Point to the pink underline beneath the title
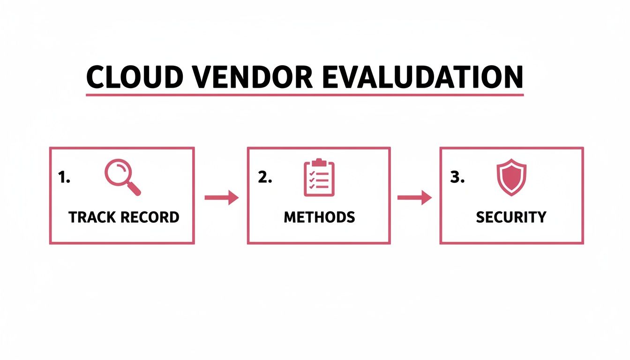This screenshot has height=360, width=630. point(305,95)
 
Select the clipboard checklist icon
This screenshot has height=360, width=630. point(319,178)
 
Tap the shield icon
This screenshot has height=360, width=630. point(511,178)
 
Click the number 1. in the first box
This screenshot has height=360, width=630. point(64,178)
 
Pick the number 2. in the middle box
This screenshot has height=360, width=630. point(265,178)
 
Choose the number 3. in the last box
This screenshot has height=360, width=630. point(457,178)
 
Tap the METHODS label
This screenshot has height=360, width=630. point(319,217)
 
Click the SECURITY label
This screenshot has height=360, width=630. point(511,217)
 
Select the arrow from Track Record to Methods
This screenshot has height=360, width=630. point(221,198)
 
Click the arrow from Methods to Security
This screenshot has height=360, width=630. point(414,198)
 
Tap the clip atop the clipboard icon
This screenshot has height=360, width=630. point(319,162)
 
